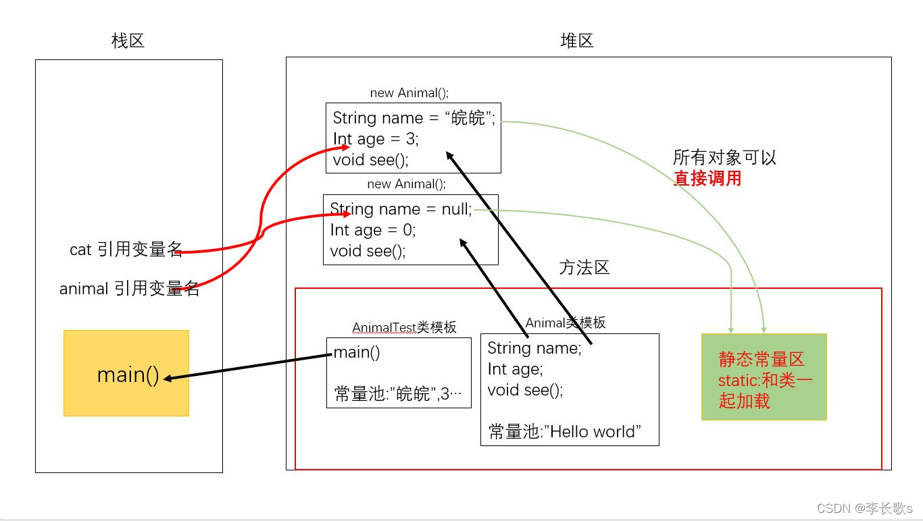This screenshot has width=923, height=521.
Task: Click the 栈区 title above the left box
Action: pos(128,41)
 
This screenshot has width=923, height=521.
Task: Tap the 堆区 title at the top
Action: pos(577,41)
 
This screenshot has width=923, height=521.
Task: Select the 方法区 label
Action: pos(584,268)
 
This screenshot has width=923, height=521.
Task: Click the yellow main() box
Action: pos(126,373)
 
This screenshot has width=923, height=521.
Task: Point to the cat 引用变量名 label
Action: pos(126,250)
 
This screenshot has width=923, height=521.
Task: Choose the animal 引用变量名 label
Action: pos(129,289)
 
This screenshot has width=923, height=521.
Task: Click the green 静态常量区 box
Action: pos(764,377)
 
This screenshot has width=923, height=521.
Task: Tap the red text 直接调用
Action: pos(707,179)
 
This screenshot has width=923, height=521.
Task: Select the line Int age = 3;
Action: pos(376,139)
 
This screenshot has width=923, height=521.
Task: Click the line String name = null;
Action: pos(401,209)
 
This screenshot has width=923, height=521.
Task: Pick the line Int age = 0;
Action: pos(373,230)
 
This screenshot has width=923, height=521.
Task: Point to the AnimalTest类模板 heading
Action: pos(404,327)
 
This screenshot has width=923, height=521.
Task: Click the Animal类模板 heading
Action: pos(566,323)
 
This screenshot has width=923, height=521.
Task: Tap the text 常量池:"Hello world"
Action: pos(564,432)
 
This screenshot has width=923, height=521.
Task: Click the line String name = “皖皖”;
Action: pos(414,118)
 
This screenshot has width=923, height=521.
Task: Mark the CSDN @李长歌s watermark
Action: pos(864,508)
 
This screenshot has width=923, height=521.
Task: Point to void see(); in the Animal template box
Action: pos(525,390)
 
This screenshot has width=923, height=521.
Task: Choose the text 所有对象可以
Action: pos(724,158)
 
